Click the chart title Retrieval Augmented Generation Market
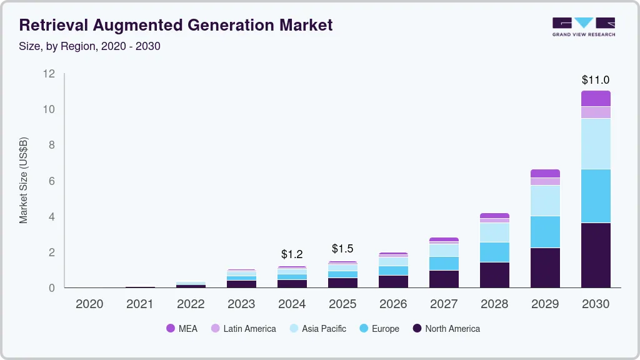click(176, 26)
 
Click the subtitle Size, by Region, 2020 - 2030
click(90, 46)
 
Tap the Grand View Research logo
click(584, 26)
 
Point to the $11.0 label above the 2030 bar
click(595, 80)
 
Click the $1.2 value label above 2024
click(292, 254)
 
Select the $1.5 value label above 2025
click(342, 249)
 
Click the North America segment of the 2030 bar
click(596, 255)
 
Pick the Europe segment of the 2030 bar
click(596, 196)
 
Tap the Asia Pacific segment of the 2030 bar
click(596, 144)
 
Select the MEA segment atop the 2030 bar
click(596, 98)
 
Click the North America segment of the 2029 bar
click(545, 267)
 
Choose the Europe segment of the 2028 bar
click(494, 252)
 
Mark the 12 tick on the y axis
click(49, 74)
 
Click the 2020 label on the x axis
click(89, 304)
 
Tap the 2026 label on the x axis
click(393, 304)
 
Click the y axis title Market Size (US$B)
click(24, 180)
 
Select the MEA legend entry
click(182, 329)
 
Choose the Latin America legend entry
click(243, 329)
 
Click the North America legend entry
click(446, 329)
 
